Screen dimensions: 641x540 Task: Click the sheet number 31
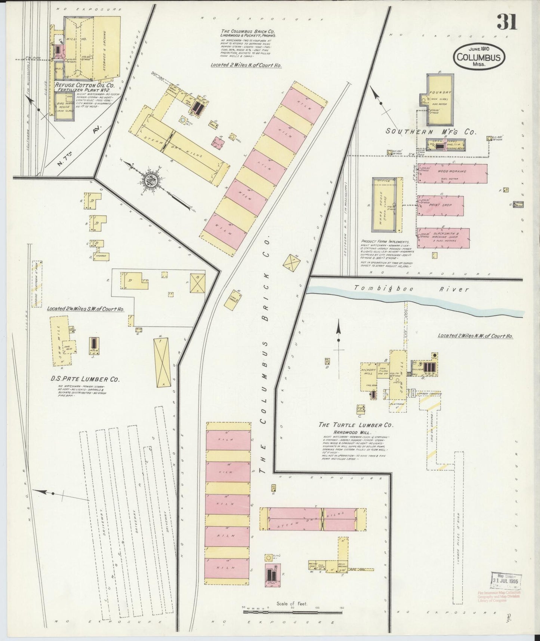[x=507, y=22]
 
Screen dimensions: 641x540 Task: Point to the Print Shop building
[x=441, y=206]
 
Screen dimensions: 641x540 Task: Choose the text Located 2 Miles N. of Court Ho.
[x=246, y=65]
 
